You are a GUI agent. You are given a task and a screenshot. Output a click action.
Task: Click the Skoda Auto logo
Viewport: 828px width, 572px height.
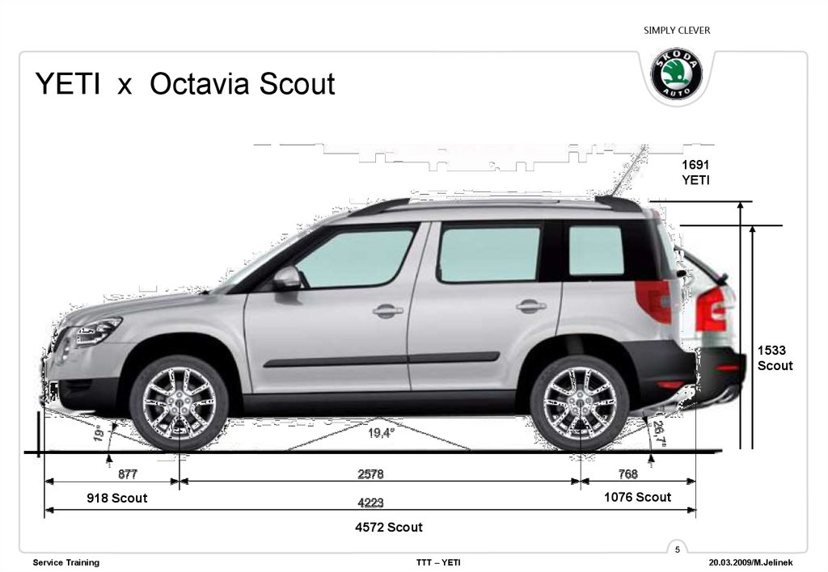click(x=677, y=75)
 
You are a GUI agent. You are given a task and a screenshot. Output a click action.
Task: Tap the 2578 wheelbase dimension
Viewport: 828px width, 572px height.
click(x=370, y=474)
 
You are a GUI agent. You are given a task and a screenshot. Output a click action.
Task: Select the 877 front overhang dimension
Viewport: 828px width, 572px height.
click(x=128, y=474)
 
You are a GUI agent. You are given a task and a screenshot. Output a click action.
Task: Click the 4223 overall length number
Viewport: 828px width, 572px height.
click(x=370, y=503)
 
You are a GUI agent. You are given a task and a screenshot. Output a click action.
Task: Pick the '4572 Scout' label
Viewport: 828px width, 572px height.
click(x=389, y=528)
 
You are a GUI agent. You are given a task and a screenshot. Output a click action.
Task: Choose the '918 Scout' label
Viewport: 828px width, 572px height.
click(x=117, y=498)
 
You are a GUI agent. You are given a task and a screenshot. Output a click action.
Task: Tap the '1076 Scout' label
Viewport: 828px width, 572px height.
click(x=637, y=498)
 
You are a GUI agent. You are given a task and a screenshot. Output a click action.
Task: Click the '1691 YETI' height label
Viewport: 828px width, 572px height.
click(x=695, y=172)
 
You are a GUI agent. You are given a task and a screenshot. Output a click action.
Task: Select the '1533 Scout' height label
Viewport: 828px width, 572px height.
click(x=775, y=358)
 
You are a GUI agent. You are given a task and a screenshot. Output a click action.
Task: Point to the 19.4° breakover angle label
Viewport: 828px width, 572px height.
click(x=381, y=434)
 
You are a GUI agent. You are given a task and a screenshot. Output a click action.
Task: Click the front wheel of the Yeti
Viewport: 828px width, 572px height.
click(x=179, y=402)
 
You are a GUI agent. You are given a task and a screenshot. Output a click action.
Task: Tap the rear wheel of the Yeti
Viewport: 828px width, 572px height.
click(x=580, y=402)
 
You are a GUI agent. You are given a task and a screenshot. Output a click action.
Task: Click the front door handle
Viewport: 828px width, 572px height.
click(x=388, y=310)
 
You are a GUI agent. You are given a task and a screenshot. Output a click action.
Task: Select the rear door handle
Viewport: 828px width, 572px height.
click(x=531, y=305)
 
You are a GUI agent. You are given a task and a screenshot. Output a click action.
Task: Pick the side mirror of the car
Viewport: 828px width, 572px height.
click(x=287, y=279)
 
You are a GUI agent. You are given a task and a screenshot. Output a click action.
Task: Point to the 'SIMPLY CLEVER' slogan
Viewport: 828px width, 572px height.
click(x=677, y=31)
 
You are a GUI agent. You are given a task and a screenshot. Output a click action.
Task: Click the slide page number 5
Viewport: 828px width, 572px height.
click(x=678, y=550)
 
